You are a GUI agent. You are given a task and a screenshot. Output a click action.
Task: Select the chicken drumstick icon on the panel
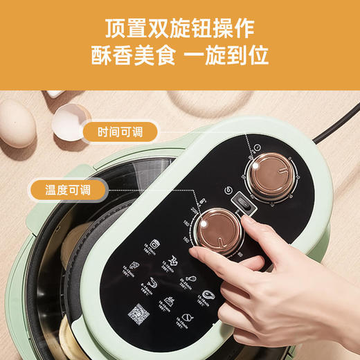[x=191, y=279]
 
